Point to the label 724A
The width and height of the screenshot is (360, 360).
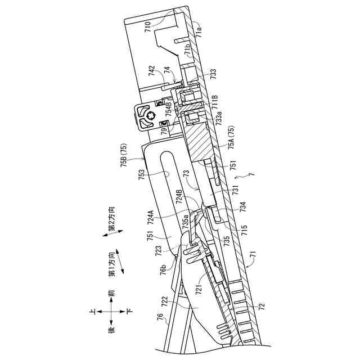tap(150, 217)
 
